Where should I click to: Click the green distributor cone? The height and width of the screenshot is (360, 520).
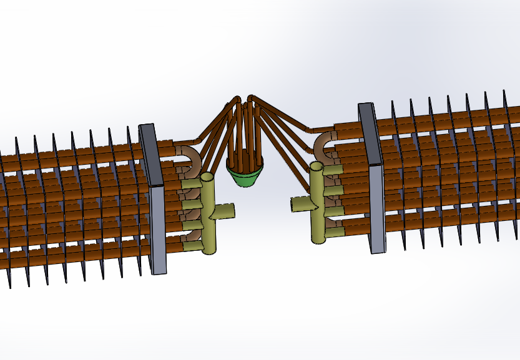(x=245, y=173)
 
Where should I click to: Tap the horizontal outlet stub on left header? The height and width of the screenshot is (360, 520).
(x=225, y=211)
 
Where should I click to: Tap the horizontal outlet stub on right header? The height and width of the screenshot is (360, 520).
(x=302, y=203)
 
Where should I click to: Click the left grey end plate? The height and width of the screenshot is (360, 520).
(x=154, y=200)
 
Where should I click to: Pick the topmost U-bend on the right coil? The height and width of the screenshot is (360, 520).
(x=325, y=142)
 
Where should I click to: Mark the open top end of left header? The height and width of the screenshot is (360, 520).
(x=208, y=178)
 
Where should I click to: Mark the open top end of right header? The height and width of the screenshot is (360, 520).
(x=316, y=167)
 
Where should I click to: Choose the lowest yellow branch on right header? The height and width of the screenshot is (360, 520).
(x=335, y=232)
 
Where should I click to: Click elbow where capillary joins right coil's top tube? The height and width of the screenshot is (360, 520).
(x=310, y=131)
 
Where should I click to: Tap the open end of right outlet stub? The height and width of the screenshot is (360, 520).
(x=293, y=204)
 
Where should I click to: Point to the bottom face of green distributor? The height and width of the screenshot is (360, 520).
(x=245, y=183)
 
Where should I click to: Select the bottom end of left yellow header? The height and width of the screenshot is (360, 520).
(x=208, y=251)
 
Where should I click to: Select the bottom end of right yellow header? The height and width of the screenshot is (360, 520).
(x=318, y=240)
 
